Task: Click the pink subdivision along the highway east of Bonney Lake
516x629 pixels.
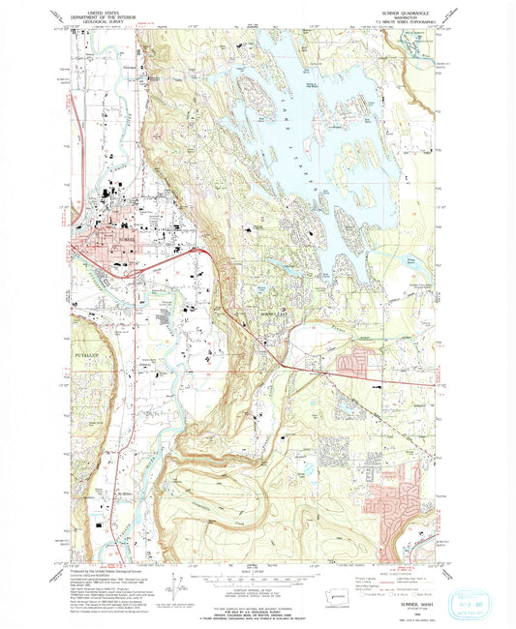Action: (355, 364)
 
